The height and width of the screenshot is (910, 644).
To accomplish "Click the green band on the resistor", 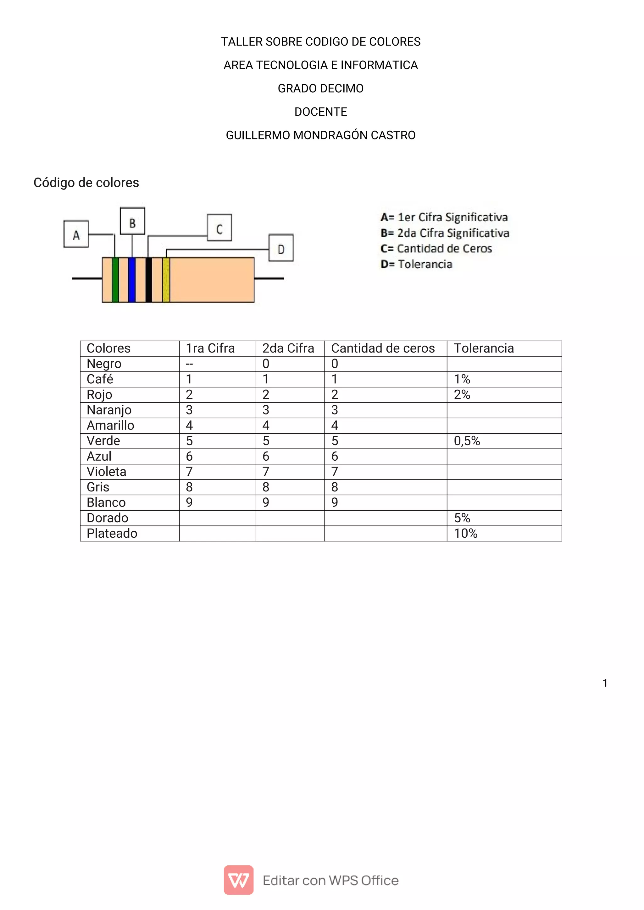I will tap(115, 280).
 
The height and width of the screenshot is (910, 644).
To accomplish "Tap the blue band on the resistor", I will tap(132, 280).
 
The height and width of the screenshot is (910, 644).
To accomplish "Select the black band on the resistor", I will tap(149, 280).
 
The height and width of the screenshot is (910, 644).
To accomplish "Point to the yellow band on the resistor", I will tap(166, 280).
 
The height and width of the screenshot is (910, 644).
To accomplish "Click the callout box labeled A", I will tap(76, 234).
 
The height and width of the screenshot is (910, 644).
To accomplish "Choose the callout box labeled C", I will tap(219, 227).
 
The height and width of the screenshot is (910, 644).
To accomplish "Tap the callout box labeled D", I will tap(281, 248).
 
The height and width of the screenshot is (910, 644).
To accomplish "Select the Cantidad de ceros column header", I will tap(383, 348).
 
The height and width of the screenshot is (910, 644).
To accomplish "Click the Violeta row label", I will tap(106, 472).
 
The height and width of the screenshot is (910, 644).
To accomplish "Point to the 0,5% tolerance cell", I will tap(467, 441).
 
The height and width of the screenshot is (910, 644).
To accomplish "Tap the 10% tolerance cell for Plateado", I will tap(466, 534).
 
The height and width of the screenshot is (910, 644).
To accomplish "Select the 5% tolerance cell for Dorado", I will tap(462, 518).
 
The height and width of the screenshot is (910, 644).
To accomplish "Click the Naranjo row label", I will tap(109, 410).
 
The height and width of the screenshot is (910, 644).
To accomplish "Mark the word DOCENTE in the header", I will tap(320, 112).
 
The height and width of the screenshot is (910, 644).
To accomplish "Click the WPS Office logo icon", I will tap(238, 880).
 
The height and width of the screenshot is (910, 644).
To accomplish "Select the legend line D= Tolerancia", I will tap(416, 264).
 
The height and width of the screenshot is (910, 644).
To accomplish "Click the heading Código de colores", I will tap(86, 183).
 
